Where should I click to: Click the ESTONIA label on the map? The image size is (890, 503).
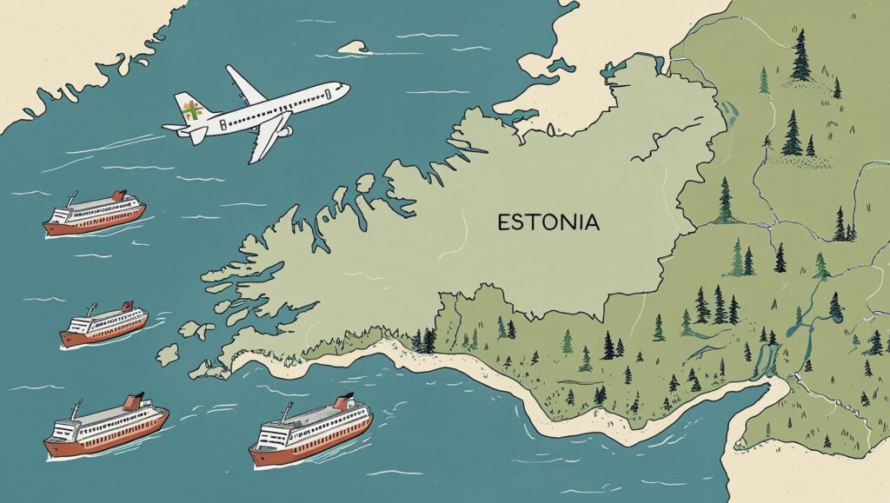[x=548, y=222]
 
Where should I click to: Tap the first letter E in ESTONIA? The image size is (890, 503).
[x=503, y=223]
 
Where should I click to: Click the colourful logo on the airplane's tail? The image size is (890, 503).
[x=192, y=110]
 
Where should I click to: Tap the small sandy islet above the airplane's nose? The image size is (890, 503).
[x=353, y=46]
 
